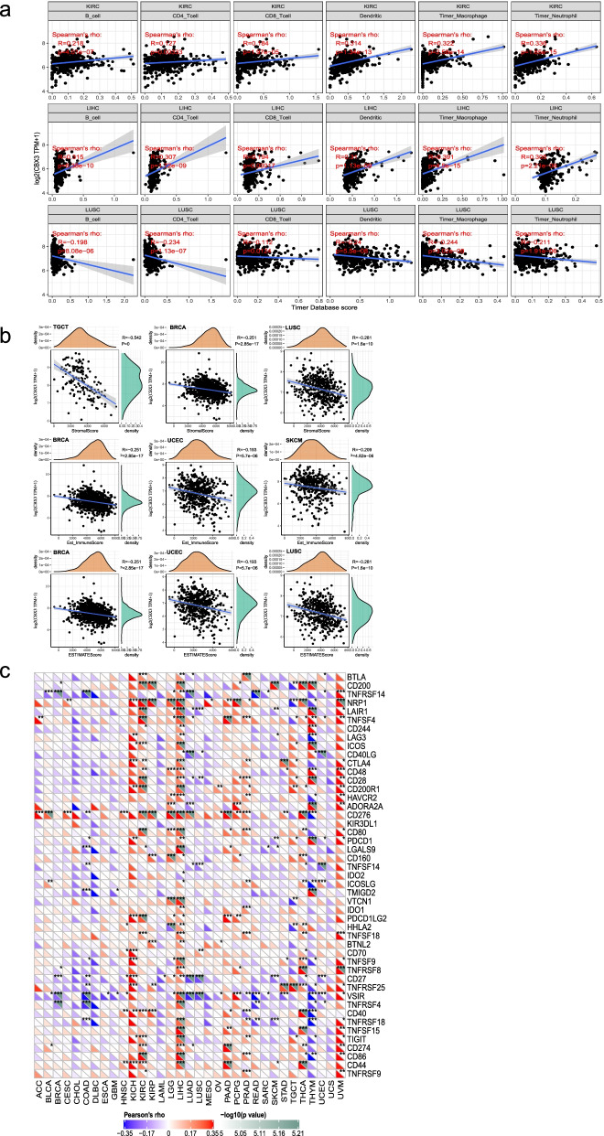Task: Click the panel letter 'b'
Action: click(7, 337)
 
